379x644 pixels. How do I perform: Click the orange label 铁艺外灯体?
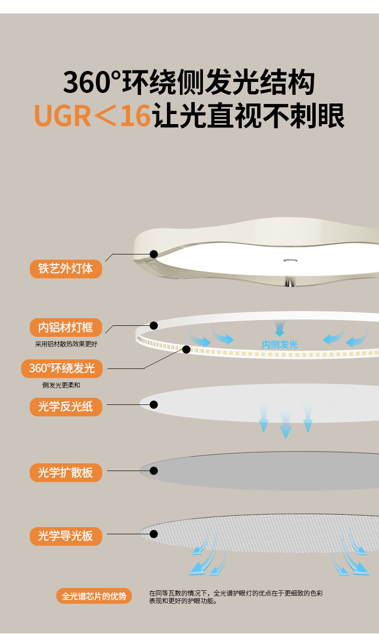[66, 268]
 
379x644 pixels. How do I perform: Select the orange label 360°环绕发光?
[62, 368]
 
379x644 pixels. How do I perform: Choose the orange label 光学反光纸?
[66, 406]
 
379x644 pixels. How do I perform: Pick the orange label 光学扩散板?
[66, 472]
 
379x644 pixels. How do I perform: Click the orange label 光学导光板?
[66, 535]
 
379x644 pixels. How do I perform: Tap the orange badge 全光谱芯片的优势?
[94, 596]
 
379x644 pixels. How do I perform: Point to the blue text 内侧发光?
[280, 345]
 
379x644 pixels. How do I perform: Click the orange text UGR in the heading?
[62, 116]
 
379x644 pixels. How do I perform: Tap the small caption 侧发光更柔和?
[65, 385]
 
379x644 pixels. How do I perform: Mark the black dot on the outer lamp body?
[154, 254]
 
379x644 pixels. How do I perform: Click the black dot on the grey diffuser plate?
[154, 471]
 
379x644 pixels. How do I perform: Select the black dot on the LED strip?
[186, 349]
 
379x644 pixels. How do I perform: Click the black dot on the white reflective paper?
[154, 404]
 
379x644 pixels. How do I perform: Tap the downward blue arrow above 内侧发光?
[280, 329]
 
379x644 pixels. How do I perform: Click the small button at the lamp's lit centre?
[289, 261]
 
